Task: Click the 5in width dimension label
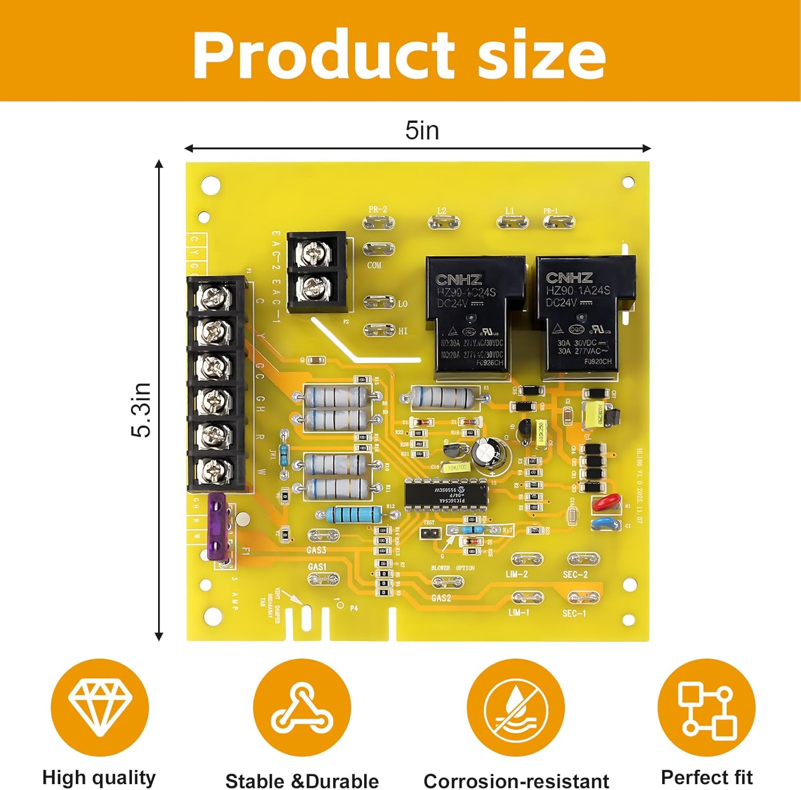422,131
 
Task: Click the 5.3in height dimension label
142,410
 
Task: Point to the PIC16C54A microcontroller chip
446,495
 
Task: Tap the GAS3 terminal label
317,550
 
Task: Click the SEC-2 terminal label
575,575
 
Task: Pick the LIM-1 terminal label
518,612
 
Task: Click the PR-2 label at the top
378,210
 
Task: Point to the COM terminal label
374,265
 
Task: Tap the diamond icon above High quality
100,707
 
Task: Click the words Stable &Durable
302,780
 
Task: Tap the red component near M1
606,503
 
